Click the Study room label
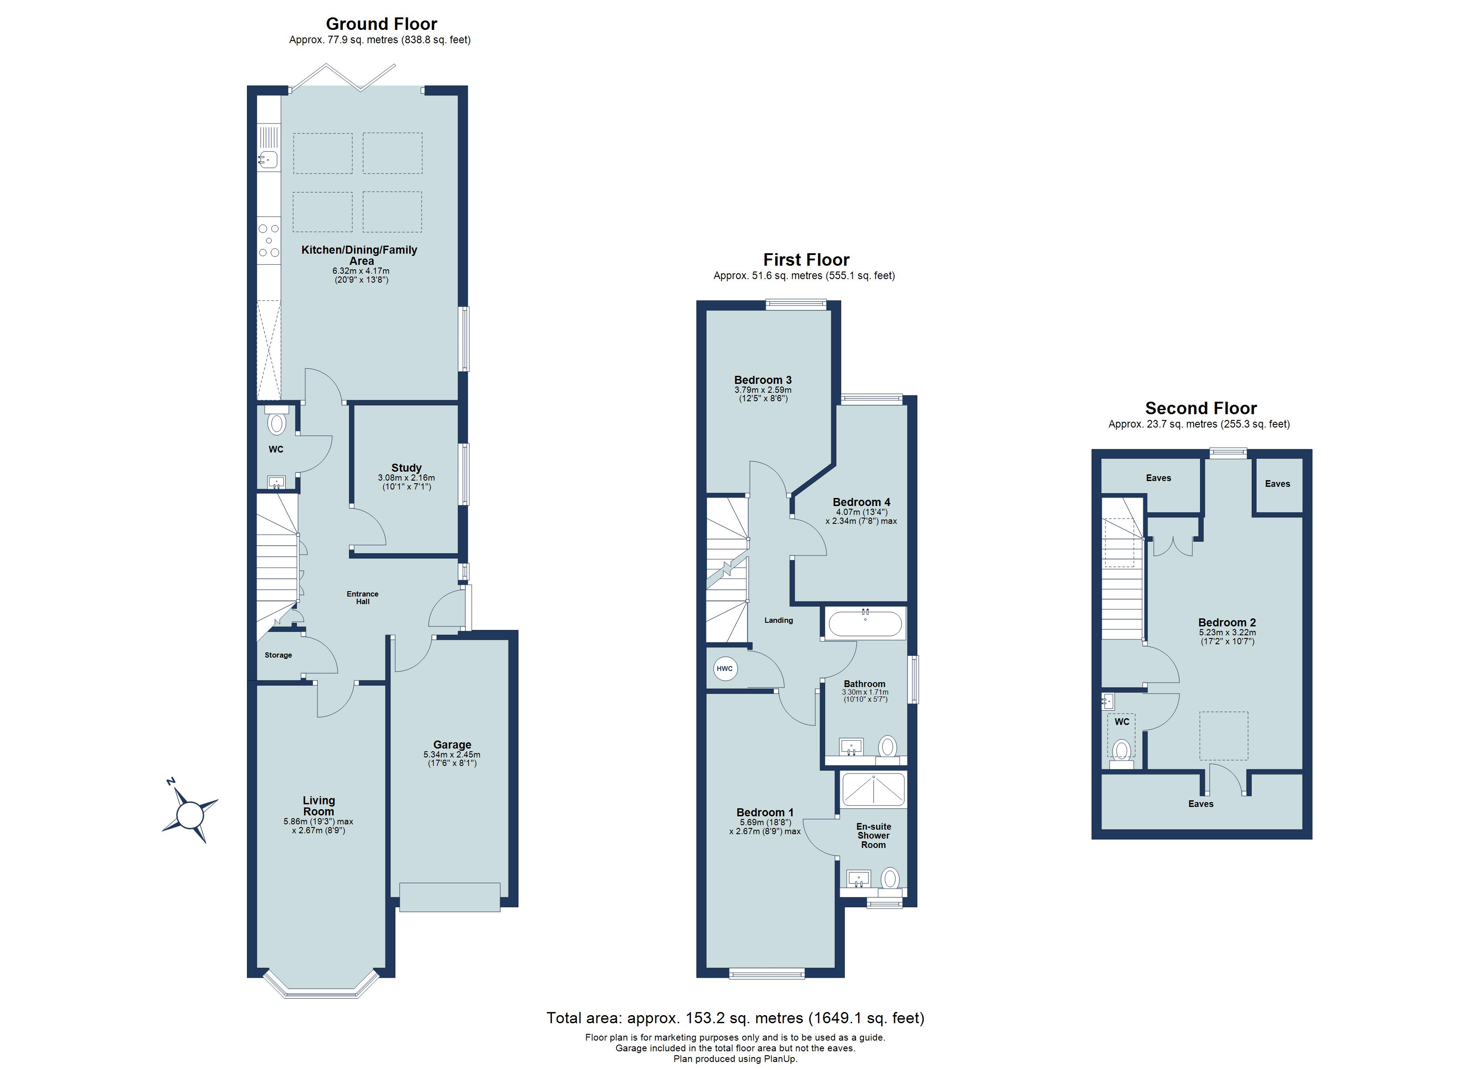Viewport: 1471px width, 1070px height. (406, 468)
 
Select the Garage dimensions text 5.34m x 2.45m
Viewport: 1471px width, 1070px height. (452, 755)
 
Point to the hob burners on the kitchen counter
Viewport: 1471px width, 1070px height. (268, 241)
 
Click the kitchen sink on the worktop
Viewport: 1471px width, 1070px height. (268, 158)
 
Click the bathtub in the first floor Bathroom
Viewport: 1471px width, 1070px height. (865, 624)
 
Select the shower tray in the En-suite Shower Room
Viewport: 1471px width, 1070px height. (873, 790)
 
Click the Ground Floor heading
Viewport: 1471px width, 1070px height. (382, 24)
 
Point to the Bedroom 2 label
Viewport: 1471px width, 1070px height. (1226, 622)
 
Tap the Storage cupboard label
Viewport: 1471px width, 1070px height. (278, 655)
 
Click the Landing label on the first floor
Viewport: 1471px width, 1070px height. (778, 620)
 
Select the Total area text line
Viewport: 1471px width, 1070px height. (735, 1017)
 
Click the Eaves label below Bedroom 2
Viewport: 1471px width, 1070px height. (1200, 803)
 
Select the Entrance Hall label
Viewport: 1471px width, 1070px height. (362, 597)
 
